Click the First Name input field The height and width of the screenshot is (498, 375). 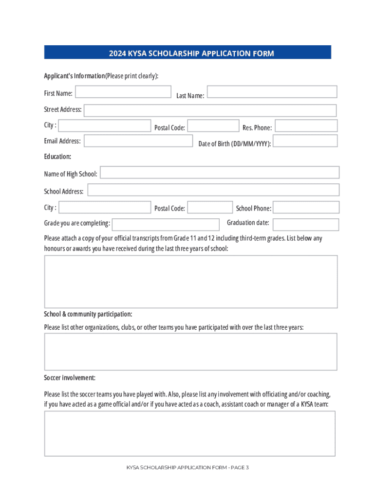pyautogui.click(x=123, y=92)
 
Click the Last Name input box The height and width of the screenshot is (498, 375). pyautogui.click(x=272, y=92)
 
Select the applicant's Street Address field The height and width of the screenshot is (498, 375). pyautogui.click(x=210, y=110)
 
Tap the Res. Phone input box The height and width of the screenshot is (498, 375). pyautogui.click(x=305, y=126)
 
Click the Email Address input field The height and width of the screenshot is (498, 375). pyautogui.click(x=138, y=141)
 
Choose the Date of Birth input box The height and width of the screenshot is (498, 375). pyautogui.click(x=305, y=141)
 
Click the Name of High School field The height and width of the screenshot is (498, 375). pyautogui.click(x=220, y=173)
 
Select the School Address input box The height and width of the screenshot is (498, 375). pyautogui.click(x=213, y=190)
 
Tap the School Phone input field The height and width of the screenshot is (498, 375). pyautogui.click(x=306, y=207)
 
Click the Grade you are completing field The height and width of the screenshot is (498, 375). pyautogui.click(x=166, y=224)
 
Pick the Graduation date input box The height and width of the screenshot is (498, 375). pyautogui.click(x=306, y=224)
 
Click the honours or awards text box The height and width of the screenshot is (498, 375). pyautogui.click(x=190, y=282)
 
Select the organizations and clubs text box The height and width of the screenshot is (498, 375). pyautogui.click(x=190, y=352)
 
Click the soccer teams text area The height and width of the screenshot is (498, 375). pyautogui.click(x=189, y=433)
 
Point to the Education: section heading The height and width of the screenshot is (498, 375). pyautogui.click(x=57, y=157)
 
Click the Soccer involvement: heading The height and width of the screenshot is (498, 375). pyautogui.click(x=70, y=378)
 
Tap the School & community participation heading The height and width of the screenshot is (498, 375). pyautogui.click(x=88, y=314)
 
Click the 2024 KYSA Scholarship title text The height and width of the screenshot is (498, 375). pyautogui.click(x=191, y=53)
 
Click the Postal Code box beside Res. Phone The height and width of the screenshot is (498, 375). pyautogui.click(x=213, y=126)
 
